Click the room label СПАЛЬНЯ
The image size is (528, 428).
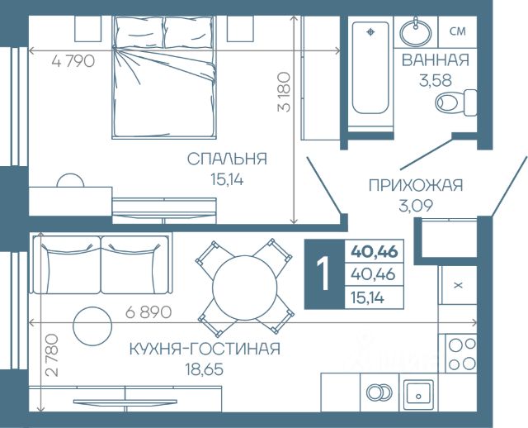(227, 159)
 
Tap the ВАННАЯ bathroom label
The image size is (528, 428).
(436, 60)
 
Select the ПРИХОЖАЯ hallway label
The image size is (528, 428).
(416, 186)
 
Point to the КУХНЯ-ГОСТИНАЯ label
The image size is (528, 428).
(205, 349)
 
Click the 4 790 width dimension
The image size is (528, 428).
(73, 61)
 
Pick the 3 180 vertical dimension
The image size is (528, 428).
(284, 92)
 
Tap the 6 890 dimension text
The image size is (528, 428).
(148, 312)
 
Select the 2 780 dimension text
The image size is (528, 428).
(51, 354)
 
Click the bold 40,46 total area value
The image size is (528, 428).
(374, 252)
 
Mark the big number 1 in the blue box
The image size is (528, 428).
(323, 274)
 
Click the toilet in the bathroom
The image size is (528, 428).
(456, 102)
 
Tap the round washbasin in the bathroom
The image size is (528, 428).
(416, 32)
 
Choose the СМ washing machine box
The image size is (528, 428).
(458, 31)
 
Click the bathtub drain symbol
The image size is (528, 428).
(370, 32)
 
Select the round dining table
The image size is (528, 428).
(245, 288)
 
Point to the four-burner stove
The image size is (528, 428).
(461, 353)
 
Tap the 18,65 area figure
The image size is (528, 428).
(204, 369)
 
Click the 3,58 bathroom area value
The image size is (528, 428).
(435, 81)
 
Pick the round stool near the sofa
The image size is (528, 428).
(92, 326)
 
